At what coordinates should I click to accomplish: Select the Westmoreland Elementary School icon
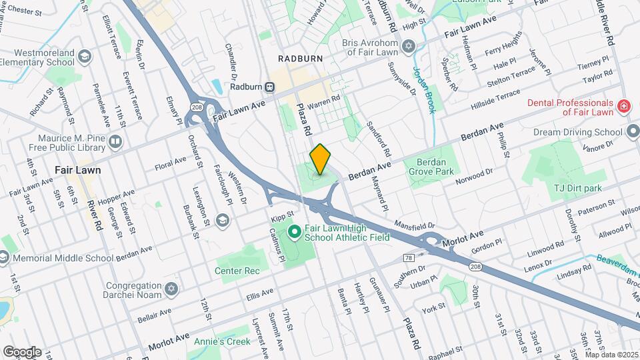[x=85, y=56]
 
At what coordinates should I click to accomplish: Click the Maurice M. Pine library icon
[x=115, y=141]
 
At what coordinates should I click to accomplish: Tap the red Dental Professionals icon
[x=623, y=106]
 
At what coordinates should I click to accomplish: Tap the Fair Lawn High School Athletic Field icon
[x=294, y=232]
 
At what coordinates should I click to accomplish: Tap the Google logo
[x=21, y=351]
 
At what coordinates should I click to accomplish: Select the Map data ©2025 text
[x=609, y=355]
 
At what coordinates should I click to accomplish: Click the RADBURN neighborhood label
[x=300, y=59]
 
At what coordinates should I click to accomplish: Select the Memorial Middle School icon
[x=4, y=257]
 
